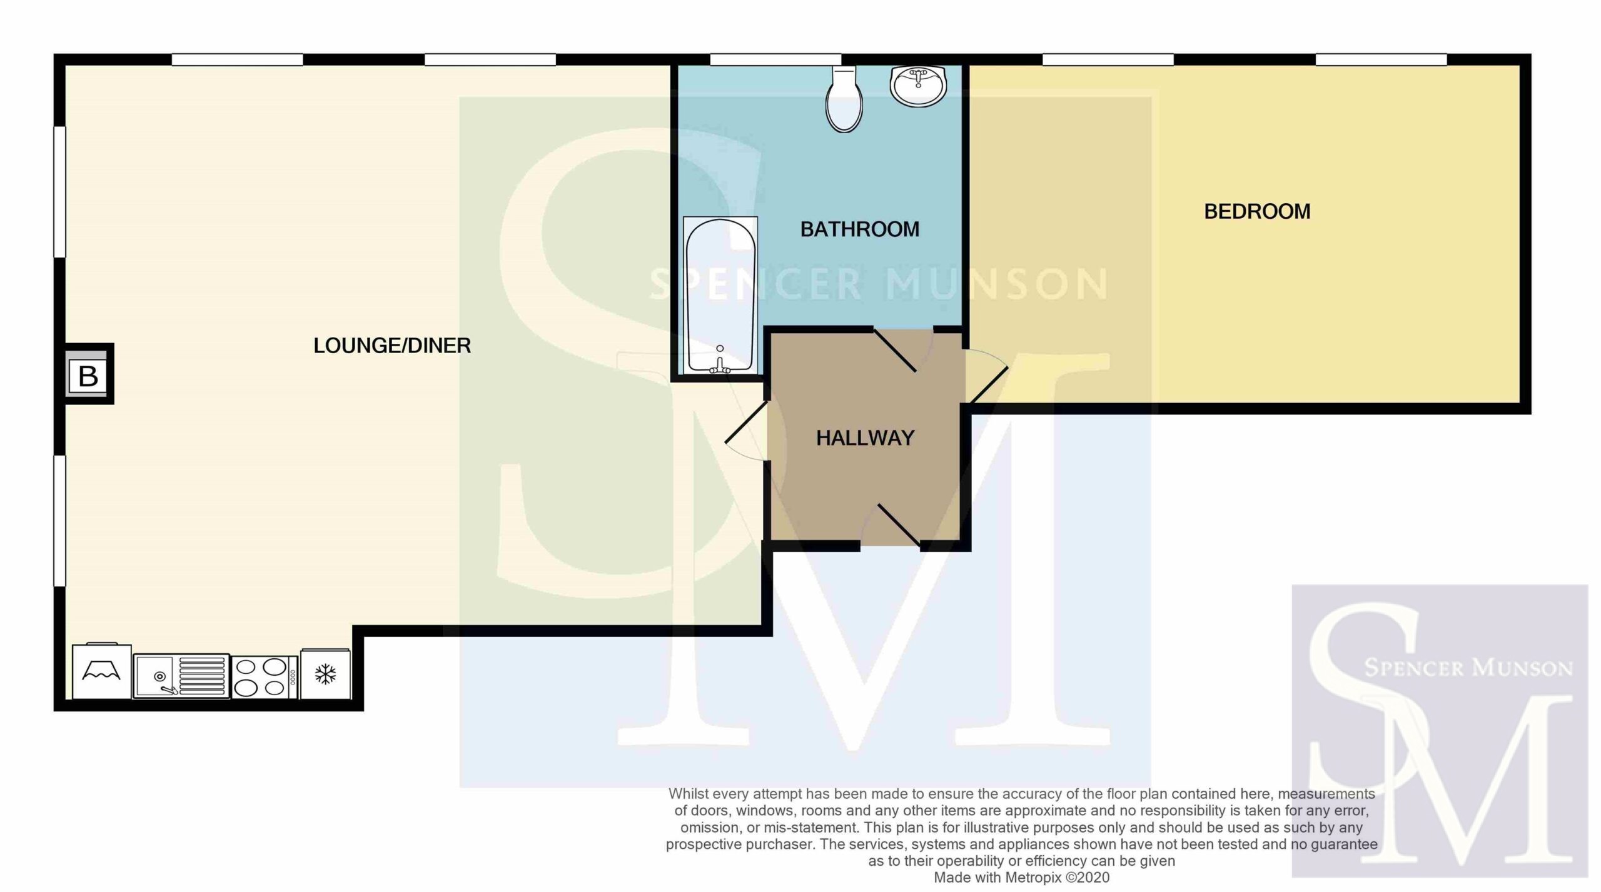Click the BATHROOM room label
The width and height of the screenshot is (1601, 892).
[x=860, y=229]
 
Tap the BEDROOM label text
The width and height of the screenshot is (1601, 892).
[x=1257, y=211]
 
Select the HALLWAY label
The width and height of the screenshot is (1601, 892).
[x=866, y=438]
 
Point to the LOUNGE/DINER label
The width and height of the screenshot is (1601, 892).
[x=392, y=345]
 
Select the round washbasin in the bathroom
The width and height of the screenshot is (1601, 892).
[x=919, y=86]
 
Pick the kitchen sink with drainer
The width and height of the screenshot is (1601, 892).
[x=181, y=676]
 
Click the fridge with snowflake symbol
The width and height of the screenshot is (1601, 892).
[x=325, y=674]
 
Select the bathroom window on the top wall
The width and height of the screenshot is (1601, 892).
[x=775, y=59]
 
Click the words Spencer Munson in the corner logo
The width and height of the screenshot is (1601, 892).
[x=1468, y=668]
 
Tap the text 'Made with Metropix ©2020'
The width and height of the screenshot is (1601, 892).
[x=1021, y=878]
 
